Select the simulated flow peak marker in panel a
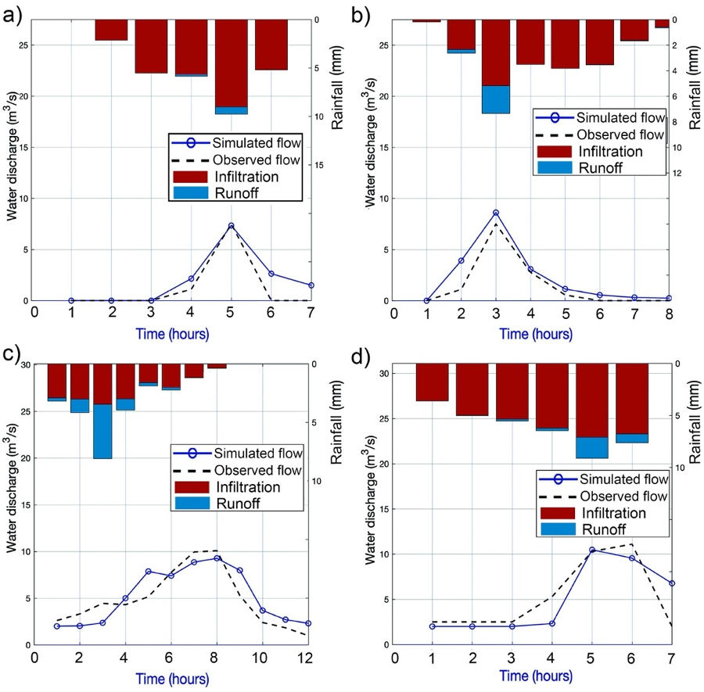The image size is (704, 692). click(232, 226)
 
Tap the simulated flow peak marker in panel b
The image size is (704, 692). click(496, 213)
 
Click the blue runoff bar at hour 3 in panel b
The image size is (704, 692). click(496, 99)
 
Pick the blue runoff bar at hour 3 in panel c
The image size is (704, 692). click(102, 431)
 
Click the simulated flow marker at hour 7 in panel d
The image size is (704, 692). click(670, 583)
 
